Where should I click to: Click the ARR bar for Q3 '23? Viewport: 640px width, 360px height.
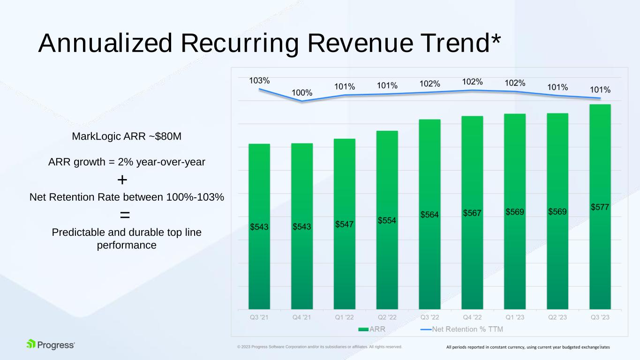pos(600,207)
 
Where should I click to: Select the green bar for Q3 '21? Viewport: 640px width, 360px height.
pos(259,226)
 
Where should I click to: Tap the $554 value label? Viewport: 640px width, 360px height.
pos(387,220)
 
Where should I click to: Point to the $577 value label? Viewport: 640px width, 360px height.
pos(600,207)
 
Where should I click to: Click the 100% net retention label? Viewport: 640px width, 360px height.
pos(302,92)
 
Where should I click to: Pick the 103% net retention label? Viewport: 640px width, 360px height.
pos(259,81)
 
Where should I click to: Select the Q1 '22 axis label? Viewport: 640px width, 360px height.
pos(344,317)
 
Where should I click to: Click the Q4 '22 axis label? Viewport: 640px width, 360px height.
pos(472,317)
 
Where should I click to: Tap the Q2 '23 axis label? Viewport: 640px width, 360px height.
pos(557,317)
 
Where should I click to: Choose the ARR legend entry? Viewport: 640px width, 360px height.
pos(372,329)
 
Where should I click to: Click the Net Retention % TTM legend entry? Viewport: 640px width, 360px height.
pos(462,329)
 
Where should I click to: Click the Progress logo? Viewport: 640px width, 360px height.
pos(51,345)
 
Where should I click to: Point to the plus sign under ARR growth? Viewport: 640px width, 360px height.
pos(122,180)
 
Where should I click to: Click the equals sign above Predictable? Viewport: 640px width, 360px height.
pos(125,215)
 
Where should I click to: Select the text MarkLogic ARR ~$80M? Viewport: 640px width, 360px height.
pos(127,136)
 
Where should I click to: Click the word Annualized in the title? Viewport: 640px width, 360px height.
pos(105,43)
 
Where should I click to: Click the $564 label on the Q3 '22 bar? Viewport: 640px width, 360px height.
pos(429,215)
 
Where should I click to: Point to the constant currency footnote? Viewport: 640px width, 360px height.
pos(528,347)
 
